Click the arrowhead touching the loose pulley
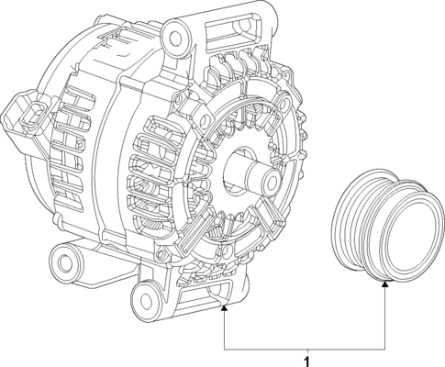384,285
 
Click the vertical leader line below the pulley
384,317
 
